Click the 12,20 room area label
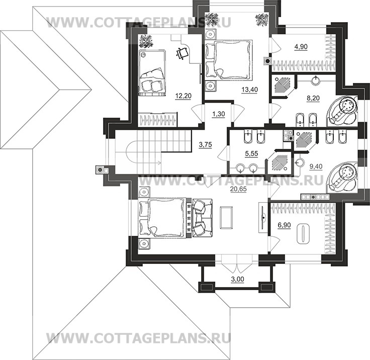point(183,96)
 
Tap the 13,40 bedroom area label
point(250,89)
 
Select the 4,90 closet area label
point(301,47)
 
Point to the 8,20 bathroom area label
point(313,98)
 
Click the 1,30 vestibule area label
point(219,114)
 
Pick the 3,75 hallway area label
point(205,144)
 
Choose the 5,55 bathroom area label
point(251,154)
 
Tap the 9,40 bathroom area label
point(316,166)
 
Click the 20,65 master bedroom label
point(238,189)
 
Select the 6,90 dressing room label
point(284,225)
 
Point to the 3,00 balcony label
point(237,279)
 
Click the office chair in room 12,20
point(182,54)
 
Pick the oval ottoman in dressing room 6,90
point(303,234)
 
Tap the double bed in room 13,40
point(228,59)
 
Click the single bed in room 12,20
point(151,72)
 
